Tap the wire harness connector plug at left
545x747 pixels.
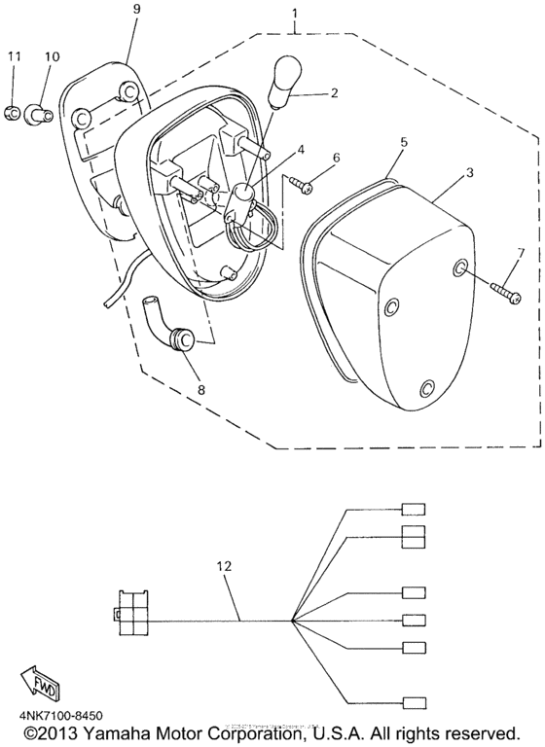pos(126,616)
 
